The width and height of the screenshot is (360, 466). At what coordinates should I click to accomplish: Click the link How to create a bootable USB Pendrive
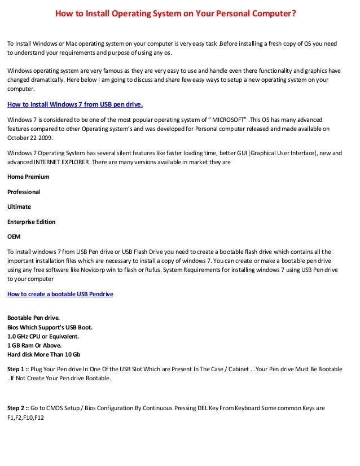pos(60,294)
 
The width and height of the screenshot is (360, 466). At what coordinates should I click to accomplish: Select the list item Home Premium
pos(28,177)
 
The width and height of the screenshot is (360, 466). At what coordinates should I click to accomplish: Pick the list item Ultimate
pos(19,206)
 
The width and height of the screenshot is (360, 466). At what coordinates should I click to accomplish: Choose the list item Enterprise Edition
pos(31,222)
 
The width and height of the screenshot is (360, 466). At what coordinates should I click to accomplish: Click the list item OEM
pos(14,236)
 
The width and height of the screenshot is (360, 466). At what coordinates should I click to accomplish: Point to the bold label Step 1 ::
pos(19,369)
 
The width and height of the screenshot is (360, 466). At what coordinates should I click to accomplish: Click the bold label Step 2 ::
pos(19,408)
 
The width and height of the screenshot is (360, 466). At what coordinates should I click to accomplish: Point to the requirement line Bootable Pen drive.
pos(33,318)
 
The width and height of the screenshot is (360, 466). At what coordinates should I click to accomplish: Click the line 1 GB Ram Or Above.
pos(34,345)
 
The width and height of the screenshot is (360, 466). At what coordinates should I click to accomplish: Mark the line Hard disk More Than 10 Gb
pos(43,354)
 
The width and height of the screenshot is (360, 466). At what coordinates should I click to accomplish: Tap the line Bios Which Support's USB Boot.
pos(50,327)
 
